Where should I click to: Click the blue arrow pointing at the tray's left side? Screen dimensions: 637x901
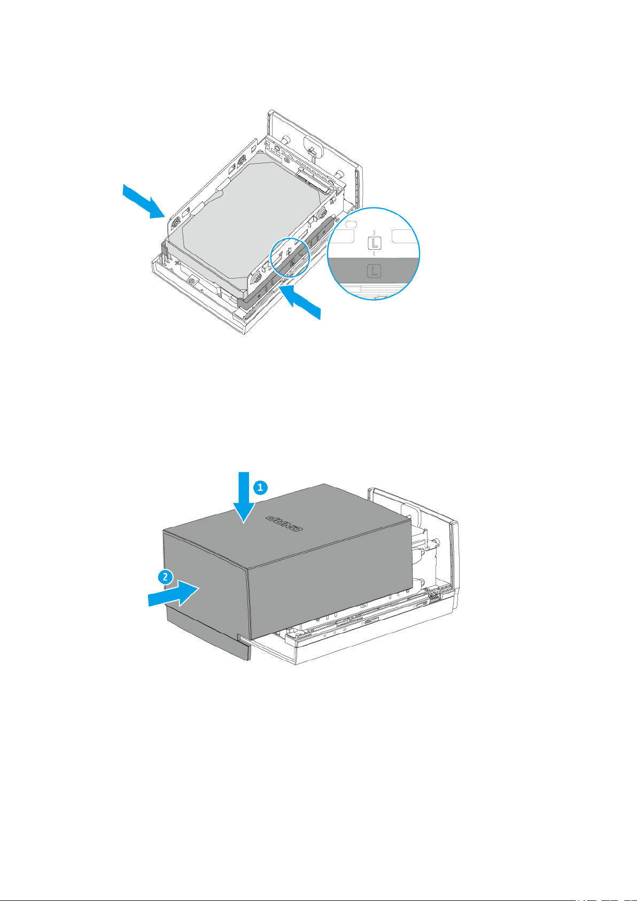(x=144, y=202)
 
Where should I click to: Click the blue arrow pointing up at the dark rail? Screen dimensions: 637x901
(x=300, y=301)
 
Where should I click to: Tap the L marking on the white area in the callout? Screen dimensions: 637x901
(x=375, y=243)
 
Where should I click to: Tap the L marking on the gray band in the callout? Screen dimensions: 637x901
(x=374, y=271)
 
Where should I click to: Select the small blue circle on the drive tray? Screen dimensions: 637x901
(x=290, y=258)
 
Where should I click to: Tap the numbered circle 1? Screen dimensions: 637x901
(x=260, y=488)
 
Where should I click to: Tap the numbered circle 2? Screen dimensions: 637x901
(x=165, y=577)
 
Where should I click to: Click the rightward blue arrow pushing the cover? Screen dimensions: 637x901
(x=174, y=594)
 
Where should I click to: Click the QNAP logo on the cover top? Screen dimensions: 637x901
(x=284, y=523)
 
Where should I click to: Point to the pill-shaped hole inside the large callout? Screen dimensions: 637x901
(x=350, y=223)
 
